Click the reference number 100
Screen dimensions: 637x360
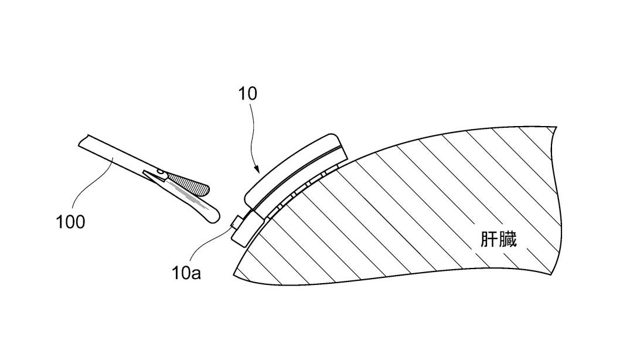[70, 222]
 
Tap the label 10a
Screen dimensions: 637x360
[186, 273]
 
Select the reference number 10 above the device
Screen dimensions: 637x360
[247, 93]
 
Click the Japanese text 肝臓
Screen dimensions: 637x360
[499, 240]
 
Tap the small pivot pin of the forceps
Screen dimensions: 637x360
[159, 171]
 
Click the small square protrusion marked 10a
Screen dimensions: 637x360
[236, 222]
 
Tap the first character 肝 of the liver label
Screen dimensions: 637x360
[489, 240]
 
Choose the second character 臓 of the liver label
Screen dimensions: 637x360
[508, 240]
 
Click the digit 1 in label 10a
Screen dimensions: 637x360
[175, 273]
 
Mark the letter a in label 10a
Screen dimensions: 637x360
[196, 274]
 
